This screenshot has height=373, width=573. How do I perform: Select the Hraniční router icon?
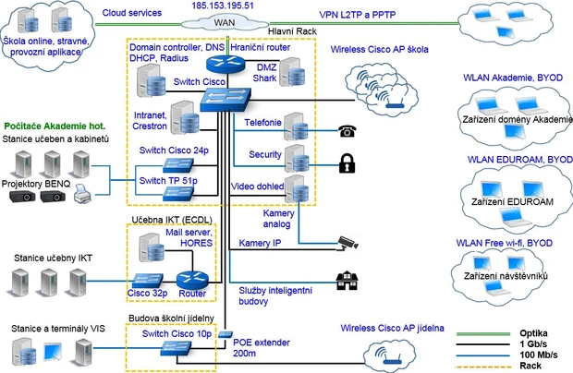click(223, 63)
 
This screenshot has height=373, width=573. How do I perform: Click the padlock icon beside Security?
click(347, 164)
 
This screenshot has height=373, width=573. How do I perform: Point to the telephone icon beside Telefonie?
click(347, 130)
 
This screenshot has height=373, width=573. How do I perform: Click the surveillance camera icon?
click(347, 241)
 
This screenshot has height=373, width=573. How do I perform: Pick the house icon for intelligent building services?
click(347, 279)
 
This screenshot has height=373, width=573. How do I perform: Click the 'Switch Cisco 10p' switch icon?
click(174, 347)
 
